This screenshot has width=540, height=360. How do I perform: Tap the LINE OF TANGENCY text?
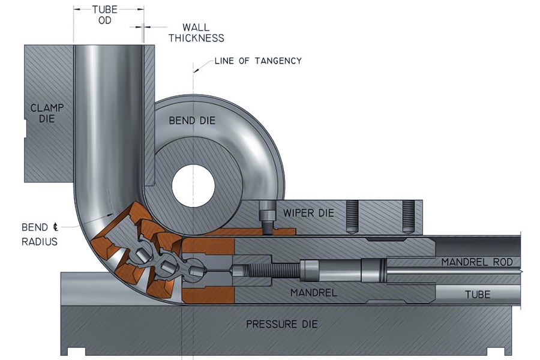258,61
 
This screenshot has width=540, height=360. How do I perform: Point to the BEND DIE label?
191,121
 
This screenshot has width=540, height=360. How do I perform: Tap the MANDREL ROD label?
477,262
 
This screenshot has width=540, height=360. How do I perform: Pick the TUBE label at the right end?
478,295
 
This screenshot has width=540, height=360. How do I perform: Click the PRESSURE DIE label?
281,325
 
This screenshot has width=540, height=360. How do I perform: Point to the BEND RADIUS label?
39,235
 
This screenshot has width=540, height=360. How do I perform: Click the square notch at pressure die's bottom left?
74,350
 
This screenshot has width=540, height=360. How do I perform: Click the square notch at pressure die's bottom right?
497,350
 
